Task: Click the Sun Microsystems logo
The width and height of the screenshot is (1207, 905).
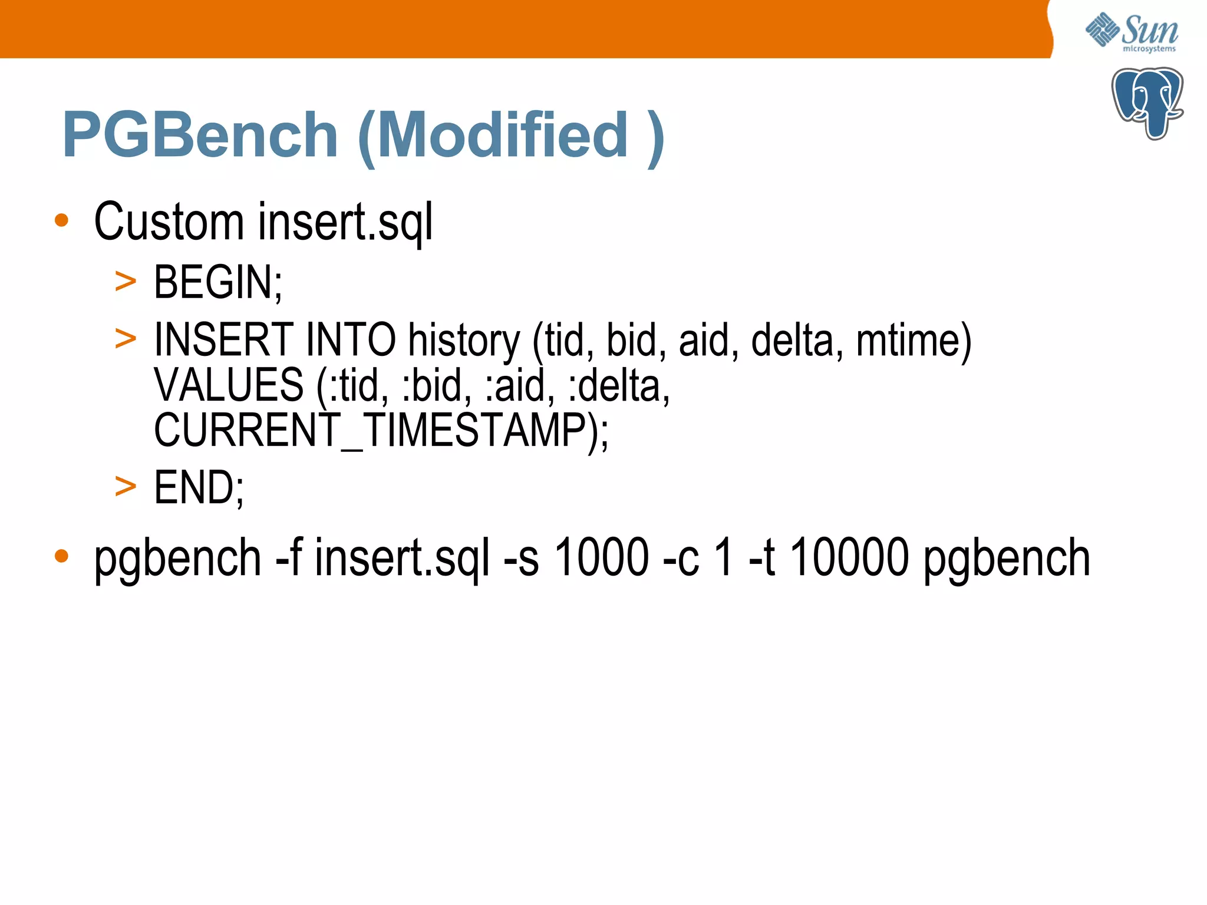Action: coord(1132,33)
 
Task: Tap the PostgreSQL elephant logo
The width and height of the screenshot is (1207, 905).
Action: coord(1147,103)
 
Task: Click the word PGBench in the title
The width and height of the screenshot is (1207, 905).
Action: coord(200,135)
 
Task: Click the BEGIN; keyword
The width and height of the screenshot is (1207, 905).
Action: coord(218,282)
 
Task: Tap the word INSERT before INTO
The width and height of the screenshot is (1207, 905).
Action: coord(223,340)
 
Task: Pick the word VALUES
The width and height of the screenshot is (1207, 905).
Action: coord(229,385)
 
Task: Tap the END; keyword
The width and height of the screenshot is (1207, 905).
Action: coord(199,488)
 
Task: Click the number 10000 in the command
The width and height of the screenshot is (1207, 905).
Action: coord(849,557)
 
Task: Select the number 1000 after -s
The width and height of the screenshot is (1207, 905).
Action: coord(602,557)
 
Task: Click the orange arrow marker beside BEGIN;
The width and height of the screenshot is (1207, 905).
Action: coord(126,282)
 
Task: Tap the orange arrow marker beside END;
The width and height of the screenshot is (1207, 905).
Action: coord(126,487)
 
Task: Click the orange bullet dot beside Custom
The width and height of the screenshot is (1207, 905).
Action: coord(61,221)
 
